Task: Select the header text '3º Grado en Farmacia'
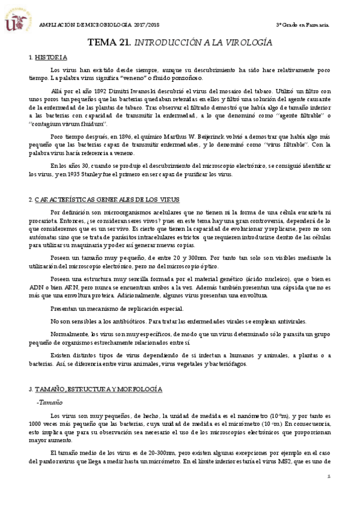(302, 25)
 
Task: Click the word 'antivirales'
(291, 322)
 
